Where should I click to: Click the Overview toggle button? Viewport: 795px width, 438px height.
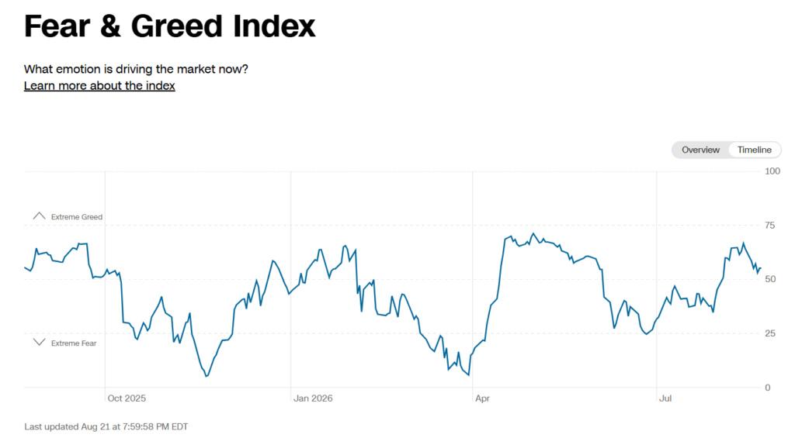coord(700,150)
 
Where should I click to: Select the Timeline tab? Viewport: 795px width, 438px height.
coord(755,150)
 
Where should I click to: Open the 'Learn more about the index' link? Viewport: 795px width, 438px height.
coord(99,85)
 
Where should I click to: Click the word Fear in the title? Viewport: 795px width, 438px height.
coord(57,26)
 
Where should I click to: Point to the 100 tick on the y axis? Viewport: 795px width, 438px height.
coord(772,171)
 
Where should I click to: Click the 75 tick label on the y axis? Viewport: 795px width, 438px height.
coord(769,226)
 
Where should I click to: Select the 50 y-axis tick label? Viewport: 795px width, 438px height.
coord(770,279)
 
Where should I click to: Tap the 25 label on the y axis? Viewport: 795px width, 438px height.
coord(769,333)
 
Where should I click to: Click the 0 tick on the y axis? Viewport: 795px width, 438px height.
coord(768,388)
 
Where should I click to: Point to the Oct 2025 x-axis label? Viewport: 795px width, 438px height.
coord(127,398)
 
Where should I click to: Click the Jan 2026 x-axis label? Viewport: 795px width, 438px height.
coord(314,398)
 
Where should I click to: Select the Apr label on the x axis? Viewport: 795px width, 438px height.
coord(483,398)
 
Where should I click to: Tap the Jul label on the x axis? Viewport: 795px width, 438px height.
coord(665,398)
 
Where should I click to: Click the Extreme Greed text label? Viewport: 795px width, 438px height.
coord(77,217)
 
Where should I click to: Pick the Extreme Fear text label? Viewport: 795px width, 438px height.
coord(74,343)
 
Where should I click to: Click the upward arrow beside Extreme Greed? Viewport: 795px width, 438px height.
coord(39,216)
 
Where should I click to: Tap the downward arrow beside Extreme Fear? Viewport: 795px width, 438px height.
coord(39,342)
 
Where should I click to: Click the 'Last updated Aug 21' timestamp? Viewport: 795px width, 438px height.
coord(106,427)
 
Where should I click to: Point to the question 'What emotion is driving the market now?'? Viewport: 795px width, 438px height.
coord(136,69)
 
